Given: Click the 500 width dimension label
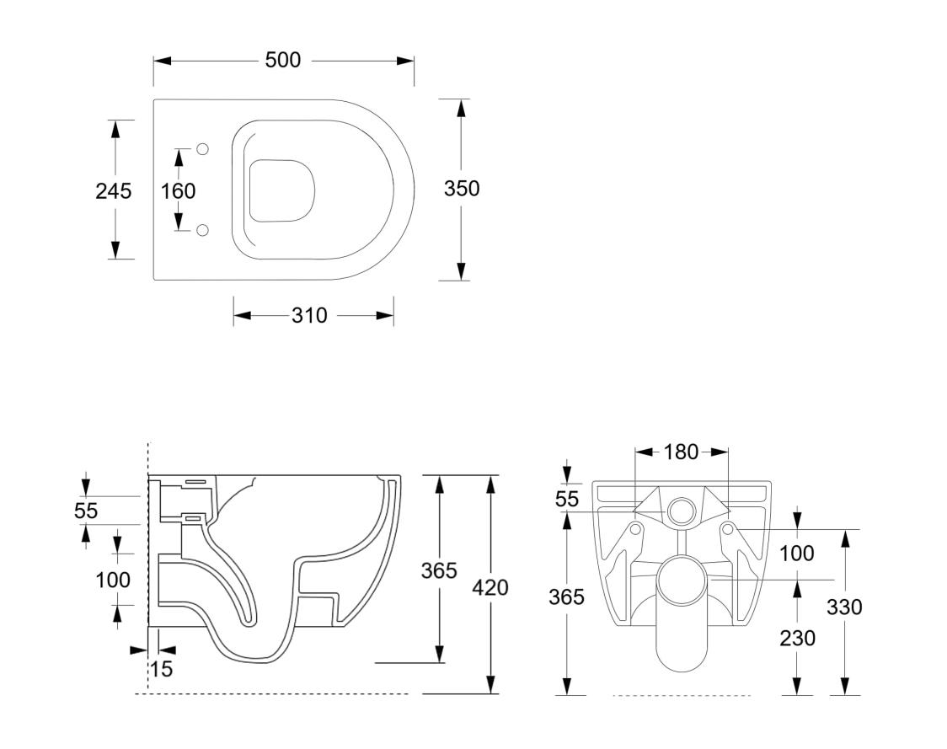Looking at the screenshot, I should (x=282, y=61).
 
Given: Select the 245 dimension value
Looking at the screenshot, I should (x=113, y=191).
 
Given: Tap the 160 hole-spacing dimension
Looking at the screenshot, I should (x=178, y=191).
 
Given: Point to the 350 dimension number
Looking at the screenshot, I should (x=462, y=189).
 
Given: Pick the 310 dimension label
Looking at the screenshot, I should (x=309, y=316).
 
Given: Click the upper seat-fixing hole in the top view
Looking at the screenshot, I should (x=202, y=149).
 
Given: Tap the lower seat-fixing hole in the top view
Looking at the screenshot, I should (x=202, y=230).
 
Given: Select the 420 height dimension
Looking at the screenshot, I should (x=490, y=587).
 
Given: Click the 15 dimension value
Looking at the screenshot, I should (x=160, y=670).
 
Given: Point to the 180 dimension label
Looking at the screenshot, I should (x=681, y=452).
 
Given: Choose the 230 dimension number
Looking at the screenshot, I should (x=797, y=639).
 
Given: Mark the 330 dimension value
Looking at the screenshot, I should (x=845, y=607).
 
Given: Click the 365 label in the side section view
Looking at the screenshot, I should (x=439, y=570).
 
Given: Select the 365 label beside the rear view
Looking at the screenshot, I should (x=566, y=597).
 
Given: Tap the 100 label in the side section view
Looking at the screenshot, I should (x=113, y=580).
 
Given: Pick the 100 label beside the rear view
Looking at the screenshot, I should (x=797, y=554).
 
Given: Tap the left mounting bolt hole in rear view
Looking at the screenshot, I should (x=634, y=529).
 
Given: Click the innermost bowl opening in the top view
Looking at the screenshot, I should (x=282, y=190).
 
